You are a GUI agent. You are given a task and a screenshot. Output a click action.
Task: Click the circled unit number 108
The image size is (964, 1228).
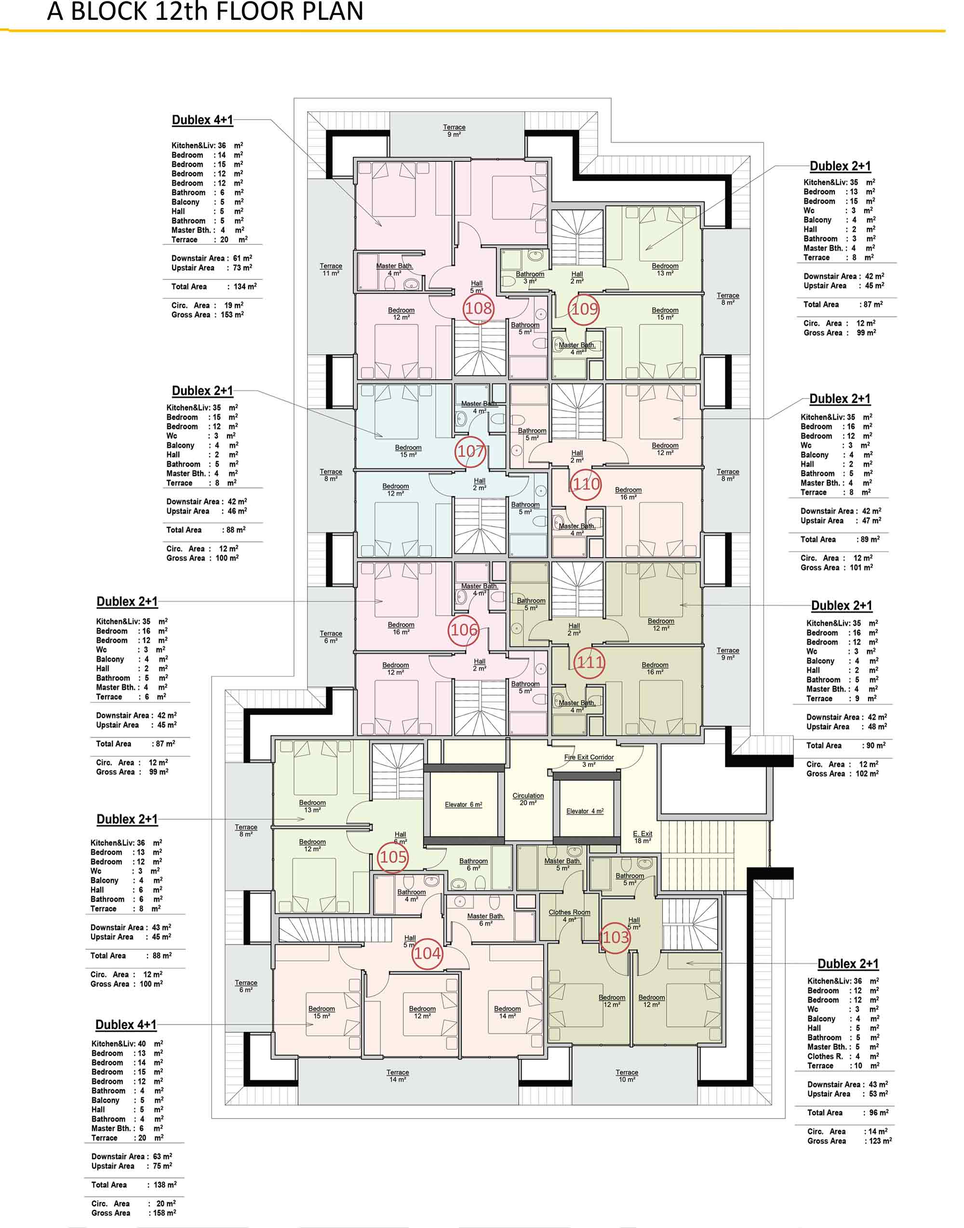click(x=479, y=308)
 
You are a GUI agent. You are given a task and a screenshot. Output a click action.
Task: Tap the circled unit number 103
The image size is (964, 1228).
click(x=615, y=937)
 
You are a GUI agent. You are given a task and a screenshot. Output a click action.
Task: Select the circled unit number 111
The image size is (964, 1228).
click(x=590, y=661)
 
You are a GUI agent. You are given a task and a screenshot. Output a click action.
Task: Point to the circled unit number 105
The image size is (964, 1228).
click(x=393, y=858)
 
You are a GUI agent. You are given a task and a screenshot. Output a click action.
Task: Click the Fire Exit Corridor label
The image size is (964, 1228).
click(x=589, y=757)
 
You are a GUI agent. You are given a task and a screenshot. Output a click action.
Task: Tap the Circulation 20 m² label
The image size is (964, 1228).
click(x=528, y=799)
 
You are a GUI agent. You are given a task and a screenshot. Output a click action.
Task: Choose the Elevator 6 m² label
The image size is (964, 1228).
click(x=463, y=805)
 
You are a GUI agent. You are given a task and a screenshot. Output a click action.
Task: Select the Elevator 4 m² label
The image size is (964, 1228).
click(x=585, y=811)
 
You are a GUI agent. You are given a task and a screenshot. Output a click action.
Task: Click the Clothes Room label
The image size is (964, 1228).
click(x=569, y=912)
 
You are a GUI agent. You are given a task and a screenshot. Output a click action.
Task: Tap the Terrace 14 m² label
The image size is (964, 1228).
click(x=398, y=1076)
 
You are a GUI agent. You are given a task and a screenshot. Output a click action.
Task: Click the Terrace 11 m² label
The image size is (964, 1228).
click(x=331, y=270)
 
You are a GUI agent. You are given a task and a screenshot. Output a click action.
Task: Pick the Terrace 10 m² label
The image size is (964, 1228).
click(x=627, y=1076)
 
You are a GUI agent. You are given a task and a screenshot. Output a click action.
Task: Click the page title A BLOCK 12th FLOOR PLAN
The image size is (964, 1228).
click(x=205, y=11)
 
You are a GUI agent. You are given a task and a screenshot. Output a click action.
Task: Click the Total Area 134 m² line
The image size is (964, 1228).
click(x=214, y=287)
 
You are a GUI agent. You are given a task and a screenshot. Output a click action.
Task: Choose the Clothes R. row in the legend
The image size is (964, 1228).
click(x=843, y=1056)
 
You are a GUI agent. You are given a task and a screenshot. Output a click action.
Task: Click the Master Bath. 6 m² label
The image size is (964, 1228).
click(x=485, y=920)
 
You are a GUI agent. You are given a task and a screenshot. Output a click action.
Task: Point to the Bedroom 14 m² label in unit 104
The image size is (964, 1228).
click(x=508, y=1013)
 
